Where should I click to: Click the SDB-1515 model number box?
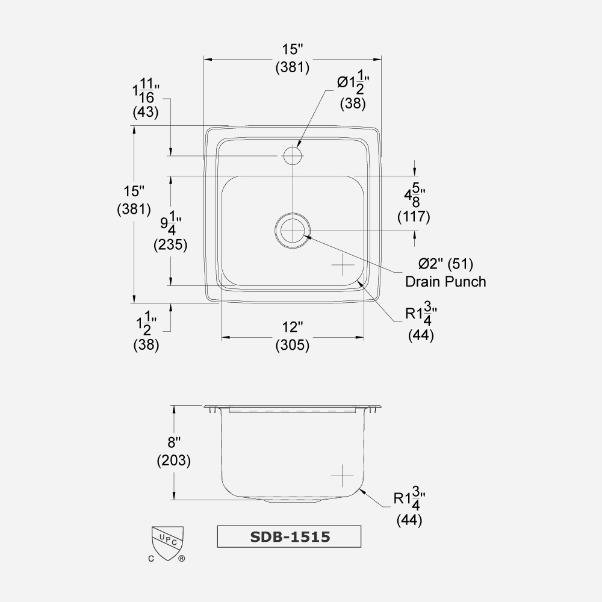[x=289, y=536]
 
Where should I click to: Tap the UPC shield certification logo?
[x=167, y=542]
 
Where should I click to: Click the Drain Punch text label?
[x=445, y=281]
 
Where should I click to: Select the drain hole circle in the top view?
[x=293, y=231]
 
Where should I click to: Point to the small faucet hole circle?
[x=293, y=157]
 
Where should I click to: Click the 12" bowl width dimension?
[x=293, y=327]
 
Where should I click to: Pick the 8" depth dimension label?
[x=174, y=443]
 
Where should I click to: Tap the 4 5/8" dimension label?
[x=414, y=196]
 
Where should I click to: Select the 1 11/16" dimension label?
[x=145, y=92]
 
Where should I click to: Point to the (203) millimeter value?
[x=174, y=462]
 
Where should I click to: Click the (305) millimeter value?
[x=293, y=346]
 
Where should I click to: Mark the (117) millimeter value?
[x=414, y=217]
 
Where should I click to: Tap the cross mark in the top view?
[x=342, y=265]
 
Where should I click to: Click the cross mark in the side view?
[x=342, y=476]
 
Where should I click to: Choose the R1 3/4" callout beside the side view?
[x=409, y=498]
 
